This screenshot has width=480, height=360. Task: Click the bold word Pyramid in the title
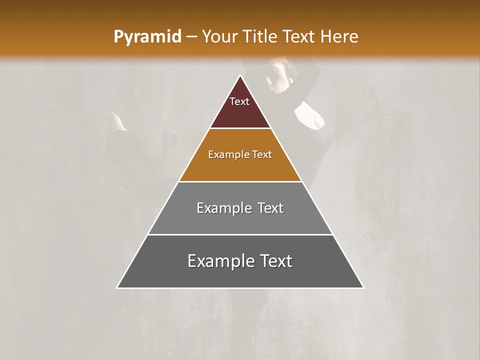coord(147,37)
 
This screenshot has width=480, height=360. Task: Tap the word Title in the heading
coord(262,36)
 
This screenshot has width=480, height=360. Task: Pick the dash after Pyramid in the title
coord(191,37)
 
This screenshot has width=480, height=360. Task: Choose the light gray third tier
coord(240,220)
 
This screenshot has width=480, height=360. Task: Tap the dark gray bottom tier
coord(240,275)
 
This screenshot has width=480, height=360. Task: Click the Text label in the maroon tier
coord(239,101)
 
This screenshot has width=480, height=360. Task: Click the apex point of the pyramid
coord(240,76)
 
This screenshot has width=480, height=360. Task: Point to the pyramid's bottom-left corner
coord(117,287)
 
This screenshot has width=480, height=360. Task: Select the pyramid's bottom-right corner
coord(363,287)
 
